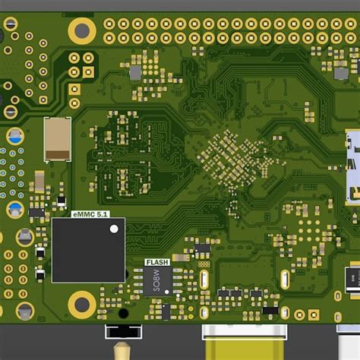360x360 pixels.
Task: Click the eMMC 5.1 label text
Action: point(90,215)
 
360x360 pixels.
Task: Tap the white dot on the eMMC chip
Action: point(114,228)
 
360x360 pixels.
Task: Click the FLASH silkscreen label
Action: point(156,262)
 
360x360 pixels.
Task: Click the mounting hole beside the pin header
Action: point(81,30)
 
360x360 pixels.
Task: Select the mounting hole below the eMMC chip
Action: point(81,305)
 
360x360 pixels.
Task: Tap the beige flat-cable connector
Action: point(58,139)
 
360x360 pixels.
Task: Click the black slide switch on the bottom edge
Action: point(123,331)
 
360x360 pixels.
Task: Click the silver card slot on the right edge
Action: point(353,167)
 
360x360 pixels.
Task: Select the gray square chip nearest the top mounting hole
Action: point(136,72)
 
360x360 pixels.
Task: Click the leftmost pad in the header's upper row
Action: point(109,23)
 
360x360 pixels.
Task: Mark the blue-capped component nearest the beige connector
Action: point(14,137)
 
